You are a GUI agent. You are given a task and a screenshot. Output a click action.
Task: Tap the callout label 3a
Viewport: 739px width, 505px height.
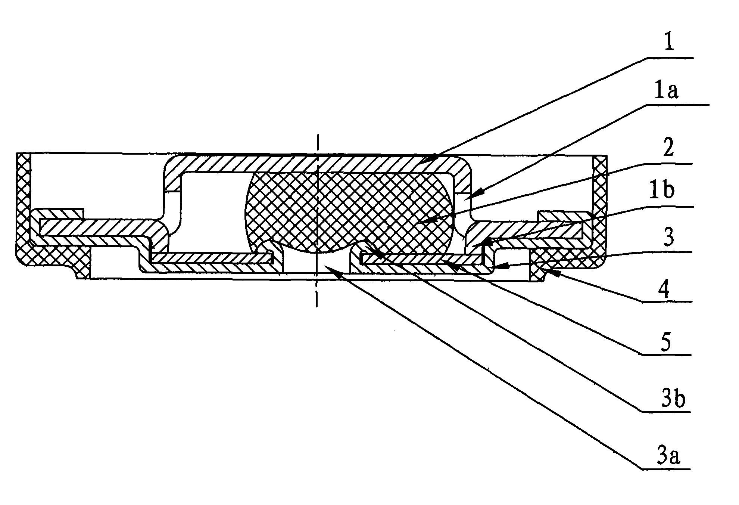tap(668, 456)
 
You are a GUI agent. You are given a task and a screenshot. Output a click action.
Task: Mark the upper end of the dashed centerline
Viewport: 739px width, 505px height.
tap(317, 134)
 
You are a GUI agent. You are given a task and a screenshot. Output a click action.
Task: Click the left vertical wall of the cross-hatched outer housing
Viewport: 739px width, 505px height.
tap(23, 205)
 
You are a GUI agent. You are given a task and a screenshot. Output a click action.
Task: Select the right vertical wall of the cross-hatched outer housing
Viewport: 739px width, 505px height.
tap(599, 202)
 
